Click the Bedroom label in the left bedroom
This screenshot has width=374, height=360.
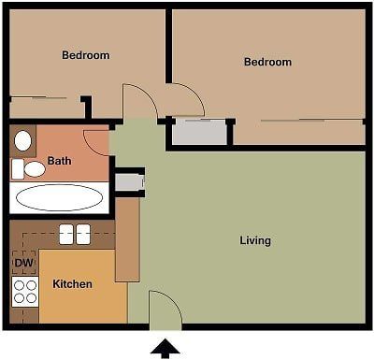pyautogui.click(x=85, y=55)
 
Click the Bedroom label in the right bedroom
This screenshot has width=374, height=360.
pyautogui.click(x=267, y=63)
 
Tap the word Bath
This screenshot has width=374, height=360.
pyautogui.click(x=59, y=160)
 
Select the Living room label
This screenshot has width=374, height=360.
pyautogui.click(x=254, y=240)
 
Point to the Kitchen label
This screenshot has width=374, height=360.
pyautogui.click(x=72, y=283)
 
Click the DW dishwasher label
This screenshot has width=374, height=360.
pyautogui.click(x=22, y=264)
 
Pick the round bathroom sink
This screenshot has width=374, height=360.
pyautogui.click(x=24, y=141)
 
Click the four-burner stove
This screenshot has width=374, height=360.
pyautogui.click(x=25, y=292)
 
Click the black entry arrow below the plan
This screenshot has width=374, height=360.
pyautogui.click(x=165, y=349)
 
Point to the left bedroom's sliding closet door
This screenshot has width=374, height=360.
pyautogui.click(x=42, y=98)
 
